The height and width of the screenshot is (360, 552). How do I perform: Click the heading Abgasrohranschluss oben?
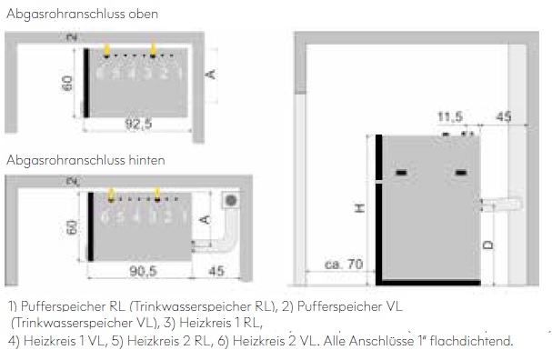point(82,15)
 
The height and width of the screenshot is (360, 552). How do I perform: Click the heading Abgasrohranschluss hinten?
point(85,160)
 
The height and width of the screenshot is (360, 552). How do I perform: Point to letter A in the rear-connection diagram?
point(206,218)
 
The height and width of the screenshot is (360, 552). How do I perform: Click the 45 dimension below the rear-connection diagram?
point(216,272)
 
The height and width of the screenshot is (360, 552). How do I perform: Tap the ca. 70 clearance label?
point(344,265)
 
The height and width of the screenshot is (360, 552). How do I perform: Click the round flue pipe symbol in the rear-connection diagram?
point(231,199)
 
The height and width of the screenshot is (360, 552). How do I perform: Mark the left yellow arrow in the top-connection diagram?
point(107,48)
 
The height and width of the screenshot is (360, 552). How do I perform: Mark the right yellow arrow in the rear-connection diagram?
point(157,193)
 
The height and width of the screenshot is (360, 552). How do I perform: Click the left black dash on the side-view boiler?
point(402,173)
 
